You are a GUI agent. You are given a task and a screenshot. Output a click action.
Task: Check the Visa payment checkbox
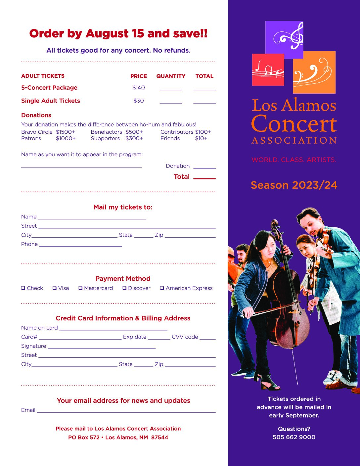[54, 288]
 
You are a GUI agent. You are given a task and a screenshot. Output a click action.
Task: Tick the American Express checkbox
[162, 288]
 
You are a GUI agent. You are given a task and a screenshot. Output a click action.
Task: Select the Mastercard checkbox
[80, 288]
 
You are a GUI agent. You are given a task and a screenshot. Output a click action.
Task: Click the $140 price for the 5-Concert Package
[139, 88]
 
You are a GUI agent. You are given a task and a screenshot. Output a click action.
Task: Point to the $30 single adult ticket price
[139, 101]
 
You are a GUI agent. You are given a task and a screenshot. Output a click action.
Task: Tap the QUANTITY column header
[171, 76]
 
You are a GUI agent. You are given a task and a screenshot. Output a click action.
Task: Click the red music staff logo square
[268, 70]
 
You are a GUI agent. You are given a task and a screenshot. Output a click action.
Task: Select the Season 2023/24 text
[294, 185]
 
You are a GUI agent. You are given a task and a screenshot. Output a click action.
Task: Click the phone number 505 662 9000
[294, 437]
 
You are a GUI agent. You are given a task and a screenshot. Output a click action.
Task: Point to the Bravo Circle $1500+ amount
[66, 132]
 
